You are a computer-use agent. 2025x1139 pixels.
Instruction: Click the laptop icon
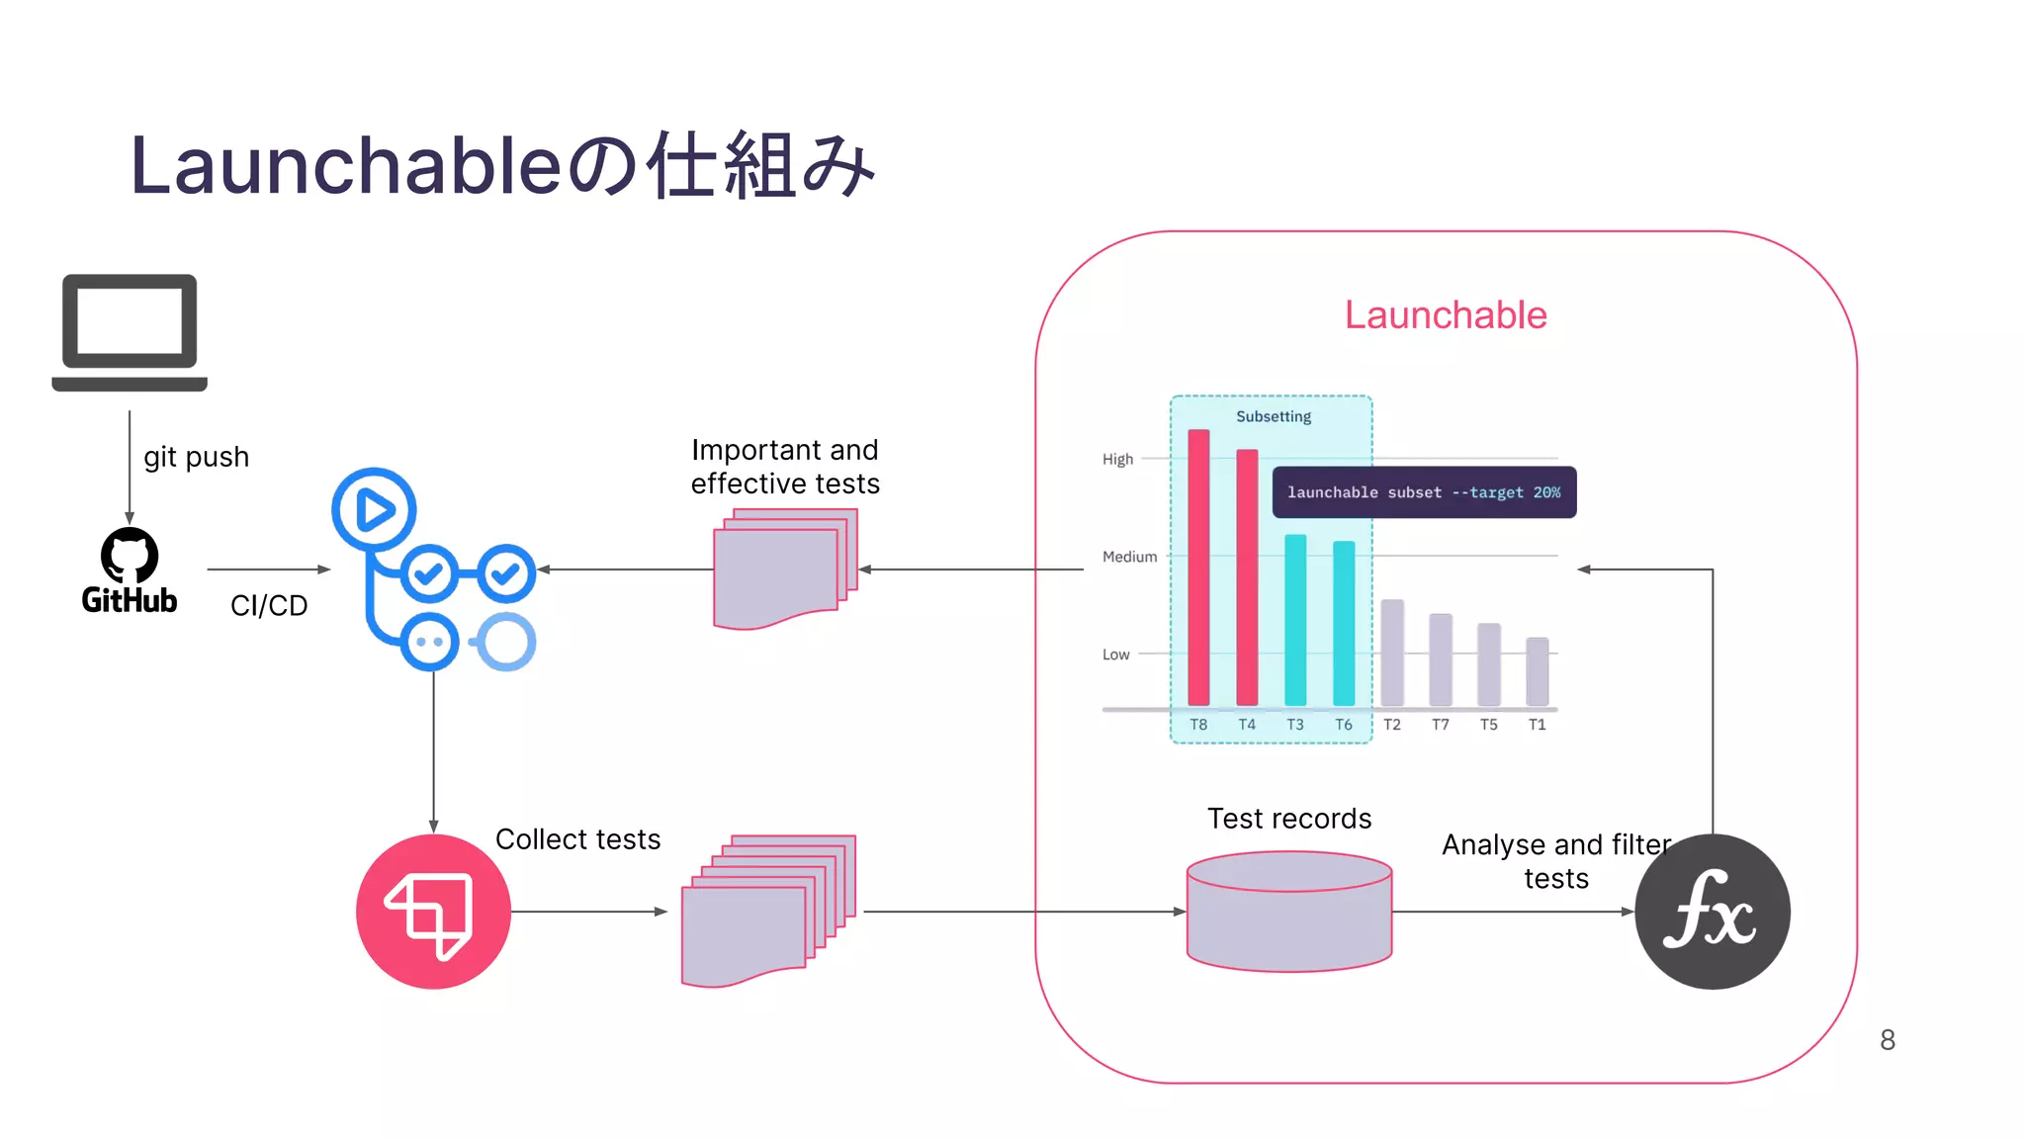click(130, 332)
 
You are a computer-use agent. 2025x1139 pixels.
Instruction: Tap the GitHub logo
click(130, 569)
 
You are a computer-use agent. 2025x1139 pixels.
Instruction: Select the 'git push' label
click(196, 457)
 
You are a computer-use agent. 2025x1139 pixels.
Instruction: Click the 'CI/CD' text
click(269, 605)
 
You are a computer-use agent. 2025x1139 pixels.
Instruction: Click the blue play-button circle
click(374, 509)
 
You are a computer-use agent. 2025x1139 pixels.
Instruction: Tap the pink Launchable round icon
click(433, 911)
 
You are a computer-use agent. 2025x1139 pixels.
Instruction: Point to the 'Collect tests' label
click(577, 839)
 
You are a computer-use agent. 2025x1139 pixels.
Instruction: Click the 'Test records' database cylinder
click(1288, 912)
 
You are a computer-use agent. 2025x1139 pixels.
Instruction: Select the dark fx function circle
click(1712, 911)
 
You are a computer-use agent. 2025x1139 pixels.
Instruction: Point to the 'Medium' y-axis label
click(1129, 557)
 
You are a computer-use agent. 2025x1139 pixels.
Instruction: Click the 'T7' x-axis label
click(1440, 725)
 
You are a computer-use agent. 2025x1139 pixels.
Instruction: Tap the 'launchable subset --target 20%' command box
click(1423, 492)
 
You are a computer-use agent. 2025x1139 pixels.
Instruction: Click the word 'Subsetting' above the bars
click(1273, 416)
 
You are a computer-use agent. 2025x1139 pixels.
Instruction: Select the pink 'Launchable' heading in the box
click(1445, 315)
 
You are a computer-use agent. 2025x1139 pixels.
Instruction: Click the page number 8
click(1887, 1040)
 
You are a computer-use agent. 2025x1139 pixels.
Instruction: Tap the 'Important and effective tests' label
click(784, 467)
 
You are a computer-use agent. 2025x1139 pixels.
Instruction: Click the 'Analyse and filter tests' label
click(1555, 861)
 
